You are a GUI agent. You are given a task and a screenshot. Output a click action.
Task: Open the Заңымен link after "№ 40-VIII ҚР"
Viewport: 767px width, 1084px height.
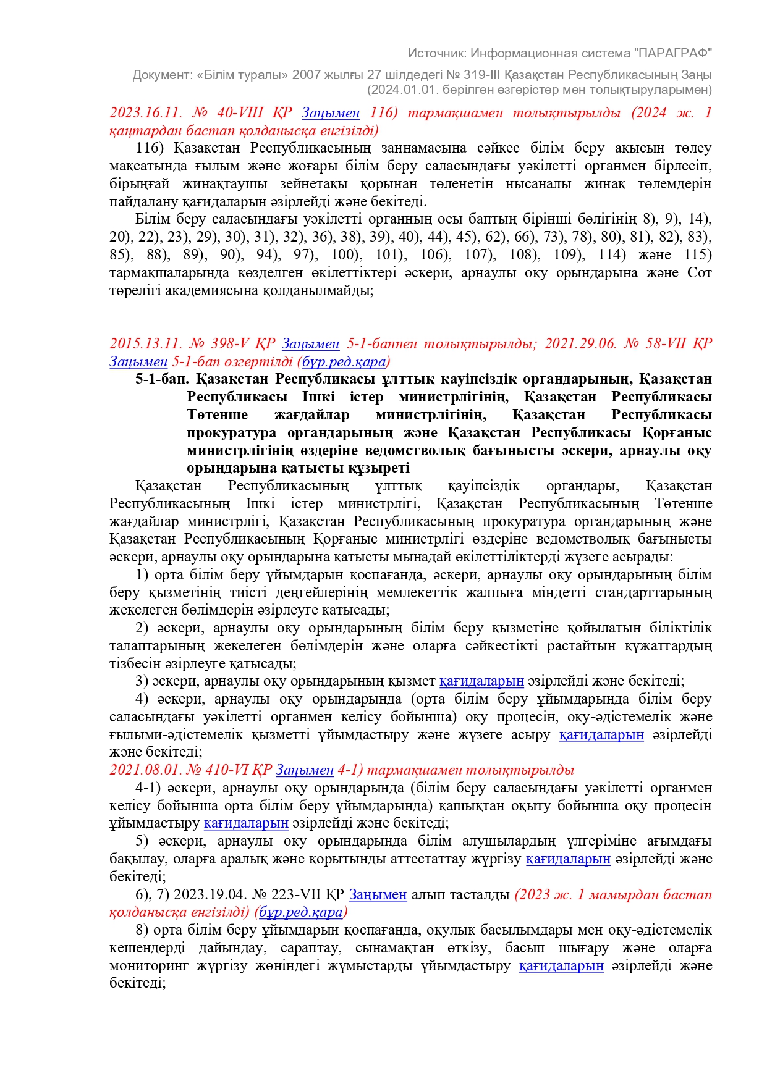pyautogui.click(x=331, y=113)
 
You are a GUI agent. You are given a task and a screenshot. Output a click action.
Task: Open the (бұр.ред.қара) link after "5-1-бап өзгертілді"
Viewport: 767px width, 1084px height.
pyautogui.click(x=343, y=361)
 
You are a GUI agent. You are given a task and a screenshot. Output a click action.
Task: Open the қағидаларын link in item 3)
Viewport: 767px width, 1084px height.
pyautogui.click(x=481, y=681)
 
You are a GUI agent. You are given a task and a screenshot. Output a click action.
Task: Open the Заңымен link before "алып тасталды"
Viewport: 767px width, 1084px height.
pyautogui.click(x=378, y=895)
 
